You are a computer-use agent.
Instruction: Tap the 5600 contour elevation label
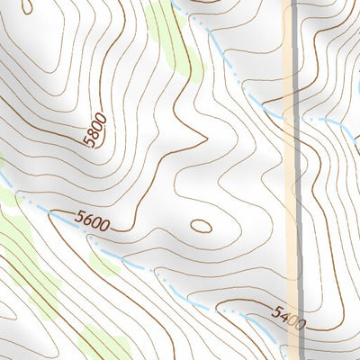click(93, 220)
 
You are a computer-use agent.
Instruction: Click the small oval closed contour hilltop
click(201, 225)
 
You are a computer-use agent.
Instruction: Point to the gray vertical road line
click(295, 180)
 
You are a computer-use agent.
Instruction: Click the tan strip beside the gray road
click(288, 180)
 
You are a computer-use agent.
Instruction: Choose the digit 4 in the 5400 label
click(285, 315)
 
